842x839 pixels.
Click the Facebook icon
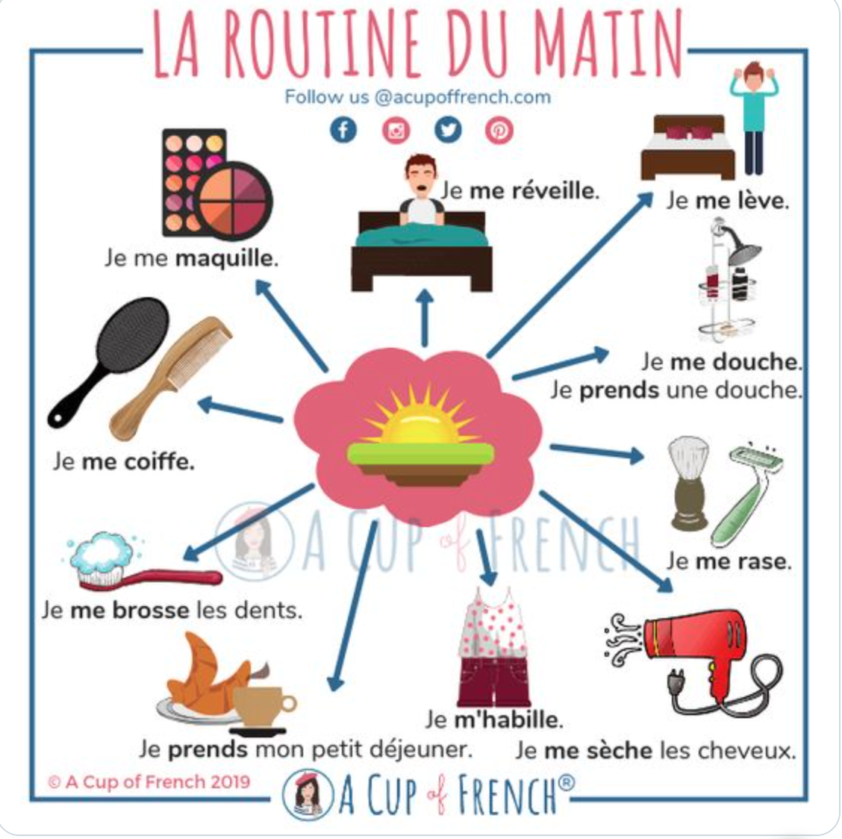point(343,130)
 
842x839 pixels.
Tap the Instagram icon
point(396,130)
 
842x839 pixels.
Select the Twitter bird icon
point(448,130)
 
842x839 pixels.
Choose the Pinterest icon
point(499,130)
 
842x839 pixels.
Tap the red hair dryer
point(693,650)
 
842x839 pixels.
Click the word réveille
point(534,190)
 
